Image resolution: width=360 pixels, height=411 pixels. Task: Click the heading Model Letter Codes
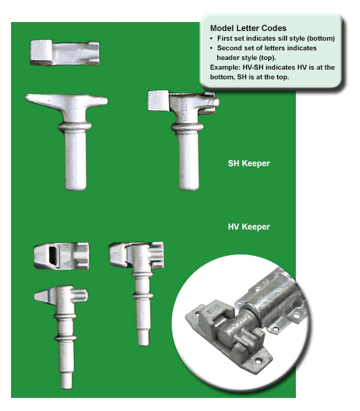248,28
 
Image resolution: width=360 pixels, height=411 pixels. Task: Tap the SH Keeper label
249,163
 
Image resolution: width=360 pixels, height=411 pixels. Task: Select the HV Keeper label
249,227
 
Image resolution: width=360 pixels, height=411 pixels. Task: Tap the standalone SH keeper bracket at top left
65,52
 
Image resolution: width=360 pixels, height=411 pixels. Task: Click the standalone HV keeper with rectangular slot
61,256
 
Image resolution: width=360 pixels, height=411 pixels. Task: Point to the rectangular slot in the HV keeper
53,256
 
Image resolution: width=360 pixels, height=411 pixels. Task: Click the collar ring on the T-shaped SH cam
75,127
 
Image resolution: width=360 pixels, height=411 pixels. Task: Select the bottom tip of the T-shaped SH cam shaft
75,188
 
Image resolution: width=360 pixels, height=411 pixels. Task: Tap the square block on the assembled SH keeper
158,101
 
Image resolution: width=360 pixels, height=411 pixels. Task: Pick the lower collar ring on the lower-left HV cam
66,338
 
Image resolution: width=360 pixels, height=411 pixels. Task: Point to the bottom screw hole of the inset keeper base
259,360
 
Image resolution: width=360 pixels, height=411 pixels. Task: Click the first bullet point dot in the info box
211,39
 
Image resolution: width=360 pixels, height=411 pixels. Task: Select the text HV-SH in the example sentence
253,68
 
